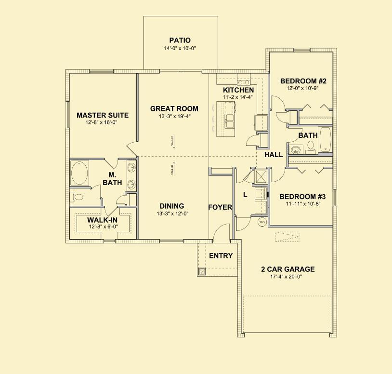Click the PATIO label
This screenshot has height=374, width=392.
tap(180, 40)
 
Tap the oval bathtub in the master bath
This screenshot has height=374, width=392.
tap(79, 173)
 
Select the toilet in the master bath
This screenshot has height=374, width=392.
tap(78, 197)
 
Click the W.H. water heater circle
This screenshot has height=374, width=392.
tap(262, 222)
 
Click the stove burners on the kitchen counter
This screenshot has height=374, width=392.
tap(243, 82)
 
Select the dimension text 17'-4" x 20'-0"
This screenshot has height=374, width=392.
tap(288, 277)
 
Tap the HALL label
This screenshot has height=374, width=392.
tap(274, 155)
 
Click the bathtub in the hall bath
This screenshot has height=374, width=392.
tap(326, 139)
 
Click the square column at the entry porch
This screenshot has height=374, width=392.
tap(202, 271)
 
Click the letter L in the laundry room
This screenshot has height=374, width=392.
tap(245, 195)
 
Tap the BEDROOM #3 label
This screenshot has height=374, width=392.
tap(302, 197)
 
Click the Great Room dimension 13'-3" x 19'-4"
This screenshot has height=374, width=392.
tap(174, 116)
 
